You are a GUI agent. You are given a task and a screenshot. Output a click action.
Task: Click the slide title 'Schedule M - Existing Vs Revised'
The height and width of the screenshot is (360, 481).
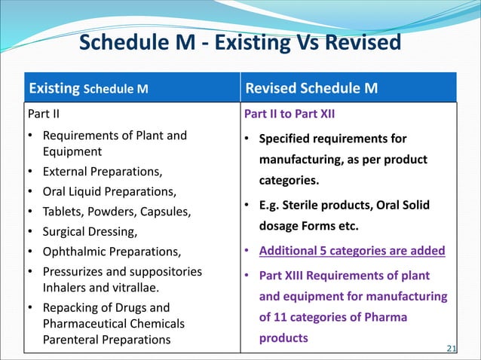(x=240, y=43)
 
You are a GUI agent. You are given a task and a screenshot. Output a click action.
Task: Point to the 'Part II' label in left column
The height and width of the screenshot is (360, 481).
(x=44, y=115)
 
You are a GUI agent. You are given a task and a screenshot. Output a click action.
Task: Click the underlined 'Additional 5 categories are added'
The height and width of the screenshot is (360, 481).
(x=352, y=251)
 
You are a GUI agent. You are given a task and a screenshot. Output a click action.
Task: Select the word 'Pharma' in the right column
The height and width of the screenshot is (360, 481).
(x=388, y=317)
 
